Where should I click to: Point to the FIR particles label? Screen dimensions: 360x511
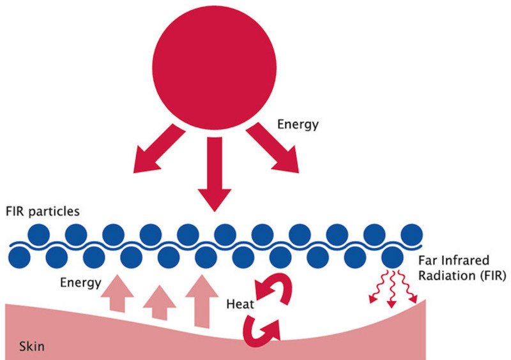[x=43, y=211]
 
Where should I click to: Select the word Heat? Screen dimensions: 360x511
[x=240, y=304]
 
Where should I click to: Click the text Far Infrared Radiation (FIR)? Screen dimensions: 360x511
[x=461, y=269]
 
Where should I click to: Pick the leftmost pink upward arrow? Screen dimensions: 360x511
[x=118, y=294]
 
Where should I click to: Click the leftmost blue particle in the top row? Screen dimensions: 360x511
[x=39, y=235]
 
